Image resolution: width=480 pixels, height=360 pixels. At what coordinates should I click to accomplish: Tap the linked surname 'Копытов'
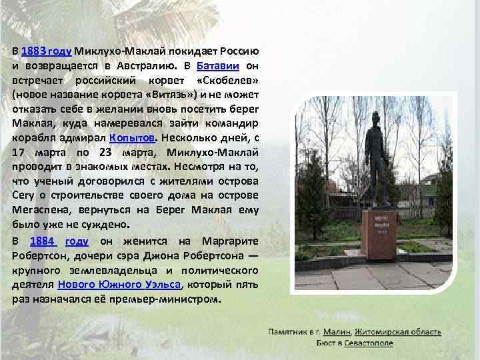[x=132, y=137]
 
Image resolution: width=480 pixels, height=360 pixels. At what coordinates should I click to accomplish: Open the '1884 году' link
[x=59, y=241]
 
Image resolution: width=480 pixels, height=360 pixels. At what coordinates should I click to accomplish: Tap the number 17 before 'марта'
[x=21, y=151]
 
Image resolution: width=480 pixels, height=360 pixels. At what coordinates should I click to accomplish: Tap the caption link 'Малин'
[x=339, y=331]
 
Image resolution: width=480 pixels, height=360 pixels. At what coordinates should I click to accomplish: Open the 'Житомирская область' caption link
[x=398, y=331]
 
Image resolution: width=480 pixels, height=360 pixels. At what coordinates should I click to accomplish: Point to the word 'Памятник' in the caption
[x=288, y=331]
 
